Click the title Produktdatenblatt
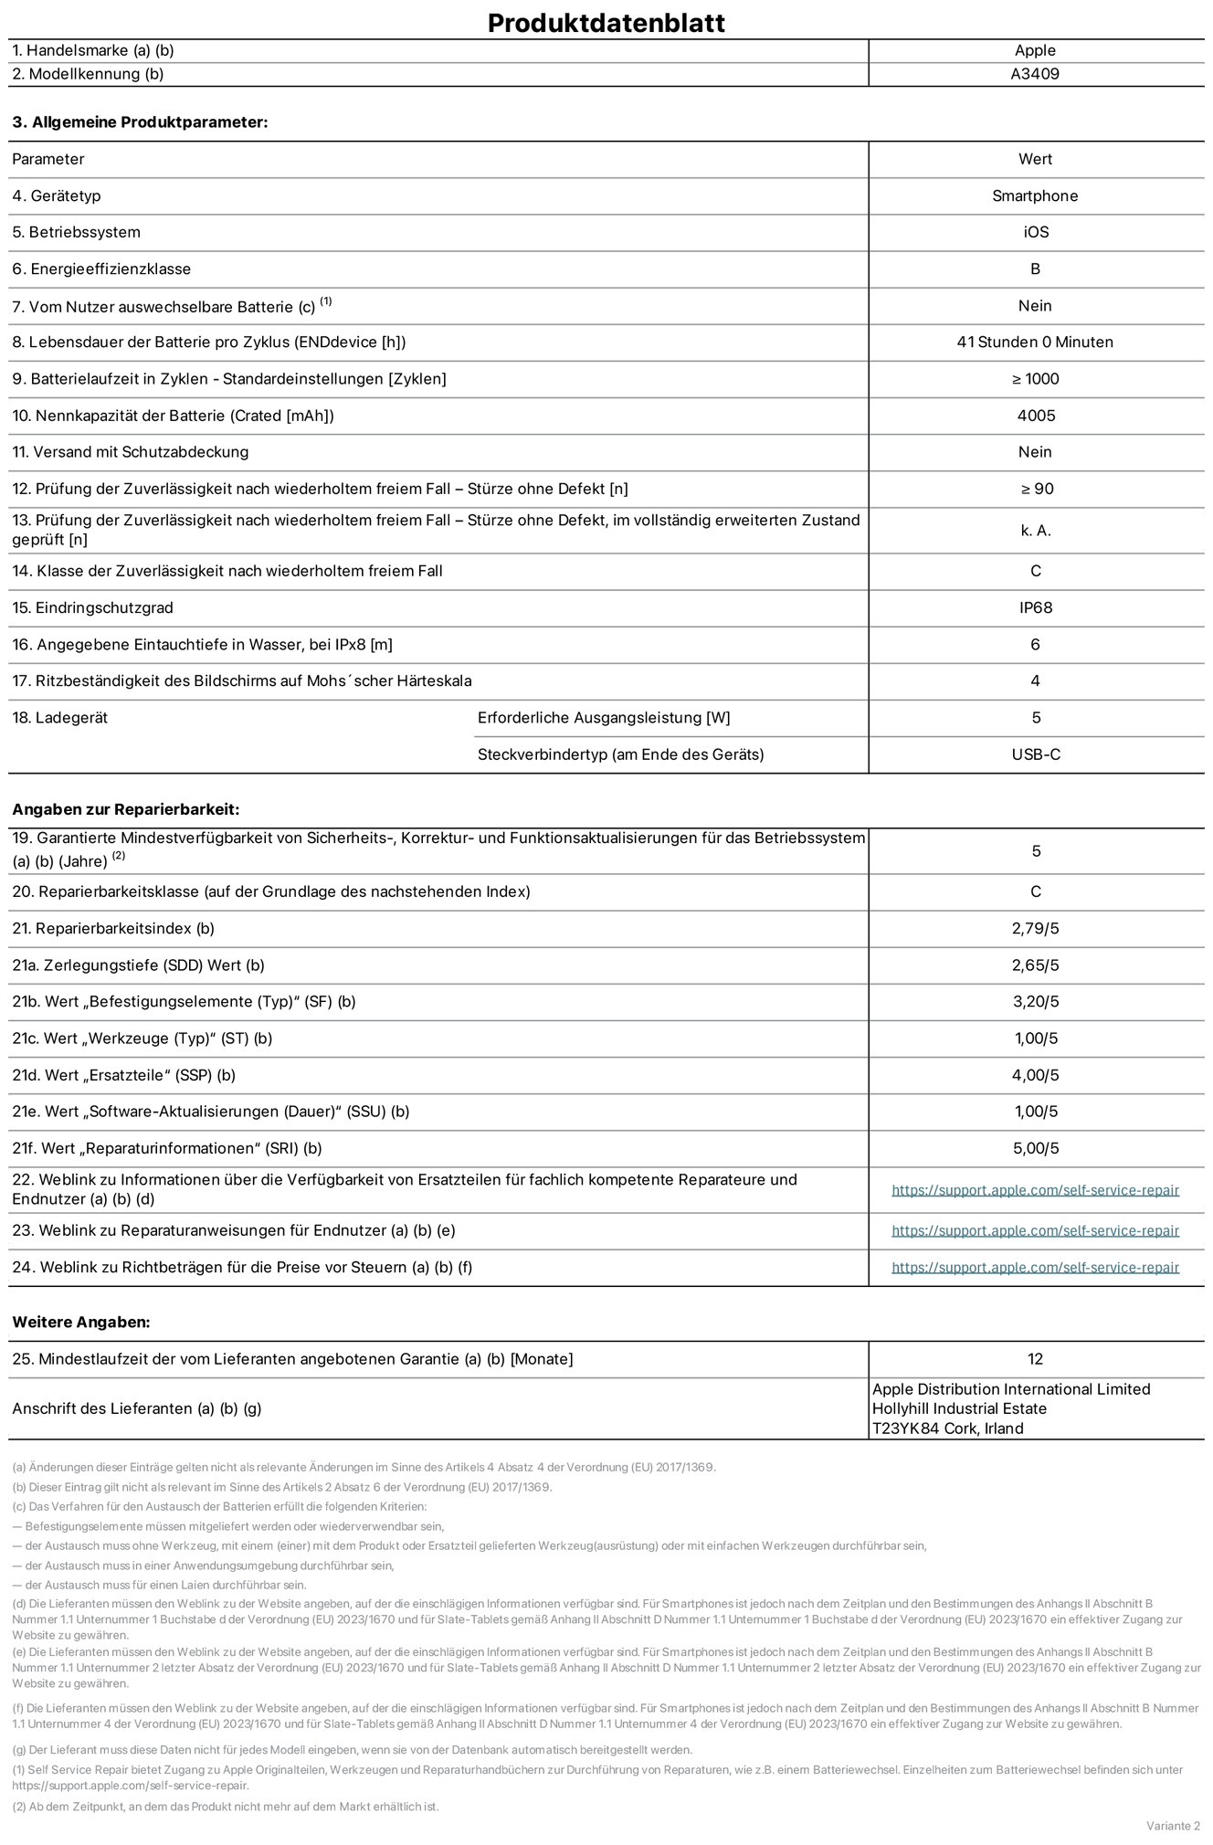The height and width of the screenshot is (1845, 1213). click(606, 23)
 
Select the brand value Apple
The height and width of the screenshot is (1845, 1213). click(1035, 51)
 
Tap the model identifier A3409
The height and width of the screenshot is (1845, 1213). click(1035, 74)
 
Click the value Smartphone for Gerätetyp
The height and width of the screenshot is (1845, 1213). click(1035, 195)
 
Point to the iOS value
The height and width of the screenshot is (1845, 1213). click(1035, 232)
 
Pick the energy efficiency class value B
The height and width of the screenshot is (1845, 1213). click(1035, 269)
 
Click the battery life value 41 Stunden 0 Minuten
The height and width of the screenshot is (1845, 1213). click(1035, 343)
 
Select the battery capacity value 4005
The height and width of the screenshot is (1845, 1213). click(1035, 416)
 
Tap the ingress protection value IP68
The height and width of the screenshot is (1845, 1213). click(1035, 607)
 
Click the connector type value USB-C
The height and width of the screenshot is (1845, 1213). click(1035, 754)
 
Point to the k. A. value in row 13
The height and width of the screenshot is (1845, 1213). click(1035, 530)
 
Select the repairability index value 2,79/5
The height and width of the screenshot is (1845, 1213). click(1035, 928)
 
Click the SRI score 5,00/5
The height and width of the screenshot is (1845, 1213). click(1035, 1148)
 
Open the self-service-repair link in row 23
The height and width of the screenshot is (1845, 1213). click(1035, 1230)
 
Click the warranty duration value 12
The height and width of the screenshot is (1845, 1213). click(1035, 1359)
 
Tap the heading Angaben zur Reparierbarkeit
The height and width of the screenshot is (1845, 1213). click(125, 809)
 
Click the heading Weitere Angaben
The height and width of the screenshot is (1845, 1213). click(80, 1322)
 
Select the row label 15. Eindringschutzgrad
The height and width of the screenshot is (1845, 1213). click(92, 607)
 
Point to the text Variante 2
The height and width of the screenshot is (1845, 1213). click(1173, 1825)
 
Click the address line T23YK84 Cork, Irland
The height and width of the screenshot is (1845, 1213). click(947, 1429)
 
